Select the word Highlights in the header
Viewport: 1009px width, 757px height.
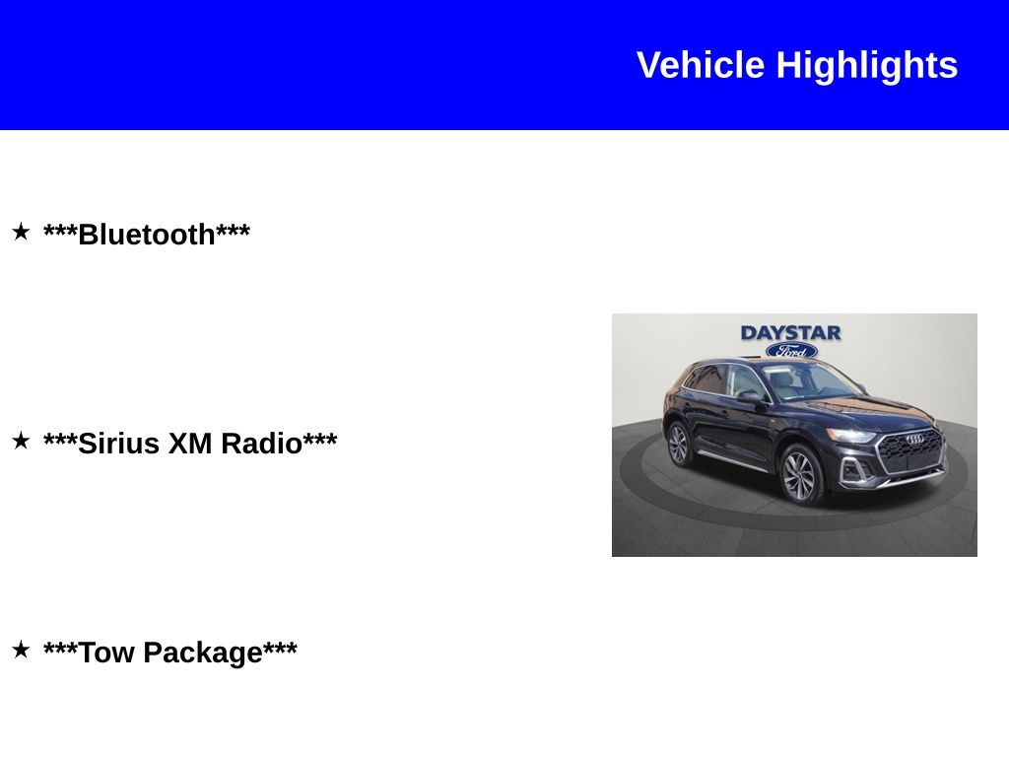point(867,65)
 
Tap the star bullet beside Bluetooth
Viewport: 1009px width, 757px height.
point(21,233)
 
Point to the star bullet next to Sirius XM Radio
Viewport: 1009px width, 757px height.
point(21,442)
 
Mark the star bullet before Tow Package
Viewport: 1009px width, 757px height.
point(21,651)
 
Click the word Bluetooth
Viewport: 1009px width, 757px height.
point(147,235)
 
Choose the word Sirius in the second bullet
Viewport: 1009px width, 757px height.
point(119,444)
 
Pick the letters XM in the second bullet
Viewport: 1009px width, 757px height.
point(191,444)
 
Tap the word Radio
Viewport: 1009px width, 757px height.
point(261,444)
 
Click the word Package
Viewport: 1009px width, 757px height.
point(203,653)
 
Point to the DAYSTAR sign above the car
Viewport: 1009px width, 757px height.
point(790,333)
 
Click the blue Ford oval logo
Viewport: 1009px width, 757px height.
point(791,351)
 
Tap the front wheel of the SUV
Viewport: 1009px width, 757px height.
point(799,475)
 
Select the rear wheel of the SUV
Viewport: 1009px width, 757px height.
point(678,444)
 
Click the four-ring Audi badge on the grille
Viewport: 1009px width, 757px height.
point(914,439)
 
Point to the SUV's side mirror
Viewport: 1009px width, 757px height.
point(748,396)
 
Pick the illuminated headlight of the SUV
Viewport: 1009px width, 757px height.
point(851,435)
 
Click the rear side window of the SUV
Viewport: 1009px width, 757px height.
point(706,378)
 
